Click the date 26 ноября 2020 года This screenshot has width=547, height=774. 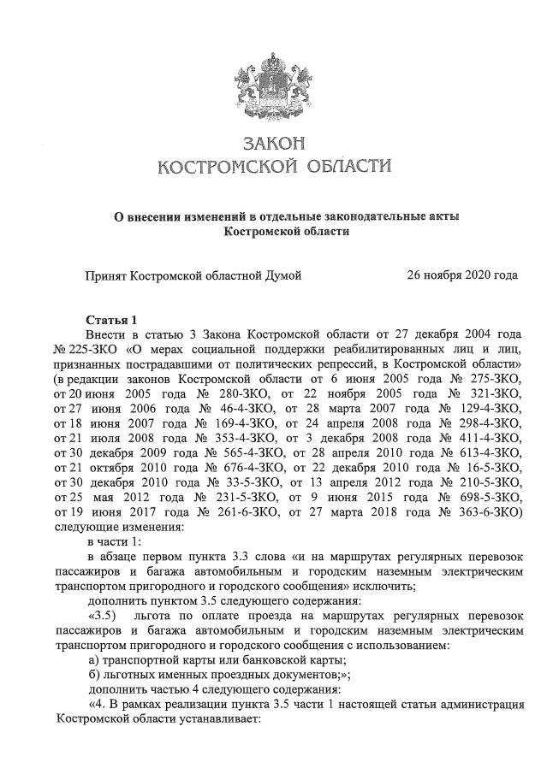(x=463, y=275)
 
